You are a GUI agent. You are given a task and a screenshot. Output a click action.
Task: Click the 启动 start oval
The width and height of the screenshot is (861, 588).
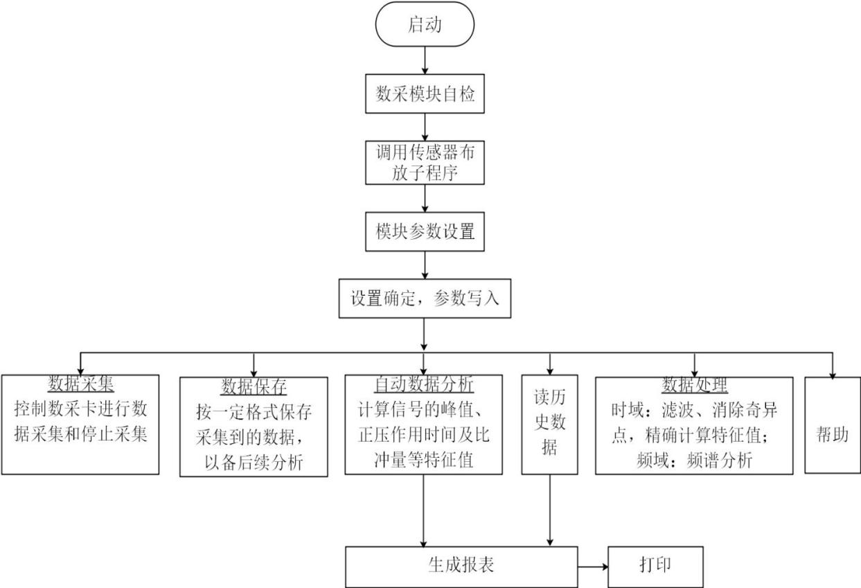coord(424,26)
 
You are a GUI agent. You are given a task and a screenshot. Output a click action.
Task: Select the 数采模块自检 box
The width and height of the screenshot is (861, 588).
coord(424,96)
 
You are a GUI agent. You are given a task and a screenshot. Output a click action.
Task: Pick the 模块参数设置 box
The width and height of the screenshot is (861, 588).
coord(424,232)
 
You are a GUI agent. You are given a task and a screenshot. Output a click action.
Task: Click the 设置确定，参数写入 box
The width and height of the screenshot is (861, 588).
coord(424,299)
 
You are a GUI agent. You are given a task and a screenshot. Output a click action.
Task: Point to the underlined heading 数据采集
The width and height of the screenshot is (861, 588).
coord(80,384)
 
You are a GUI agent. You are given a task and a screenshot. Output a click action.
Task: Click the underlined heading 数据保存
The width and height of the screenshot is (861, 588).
coord(254,386)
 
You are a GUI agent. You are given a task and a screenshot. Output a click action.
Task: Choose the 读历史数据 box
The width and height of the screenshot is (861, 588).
coord(550,424)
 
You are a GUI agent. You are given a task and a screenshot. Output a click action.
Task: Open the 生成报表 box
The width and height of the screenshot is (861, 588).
coord(461,566)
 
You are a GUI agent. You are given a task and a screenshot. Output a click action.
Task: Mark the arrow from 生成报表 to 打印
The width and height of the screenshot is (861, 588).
coord(593,566)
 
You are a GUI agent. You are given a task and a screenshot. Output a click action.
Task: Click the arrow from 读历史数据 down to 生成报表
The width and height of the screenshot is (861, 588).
coord(550,509)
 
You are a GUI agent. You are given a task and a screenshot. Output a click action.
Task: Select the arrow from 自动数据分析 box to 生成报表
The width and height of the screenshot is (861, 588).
coord(424,509)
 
